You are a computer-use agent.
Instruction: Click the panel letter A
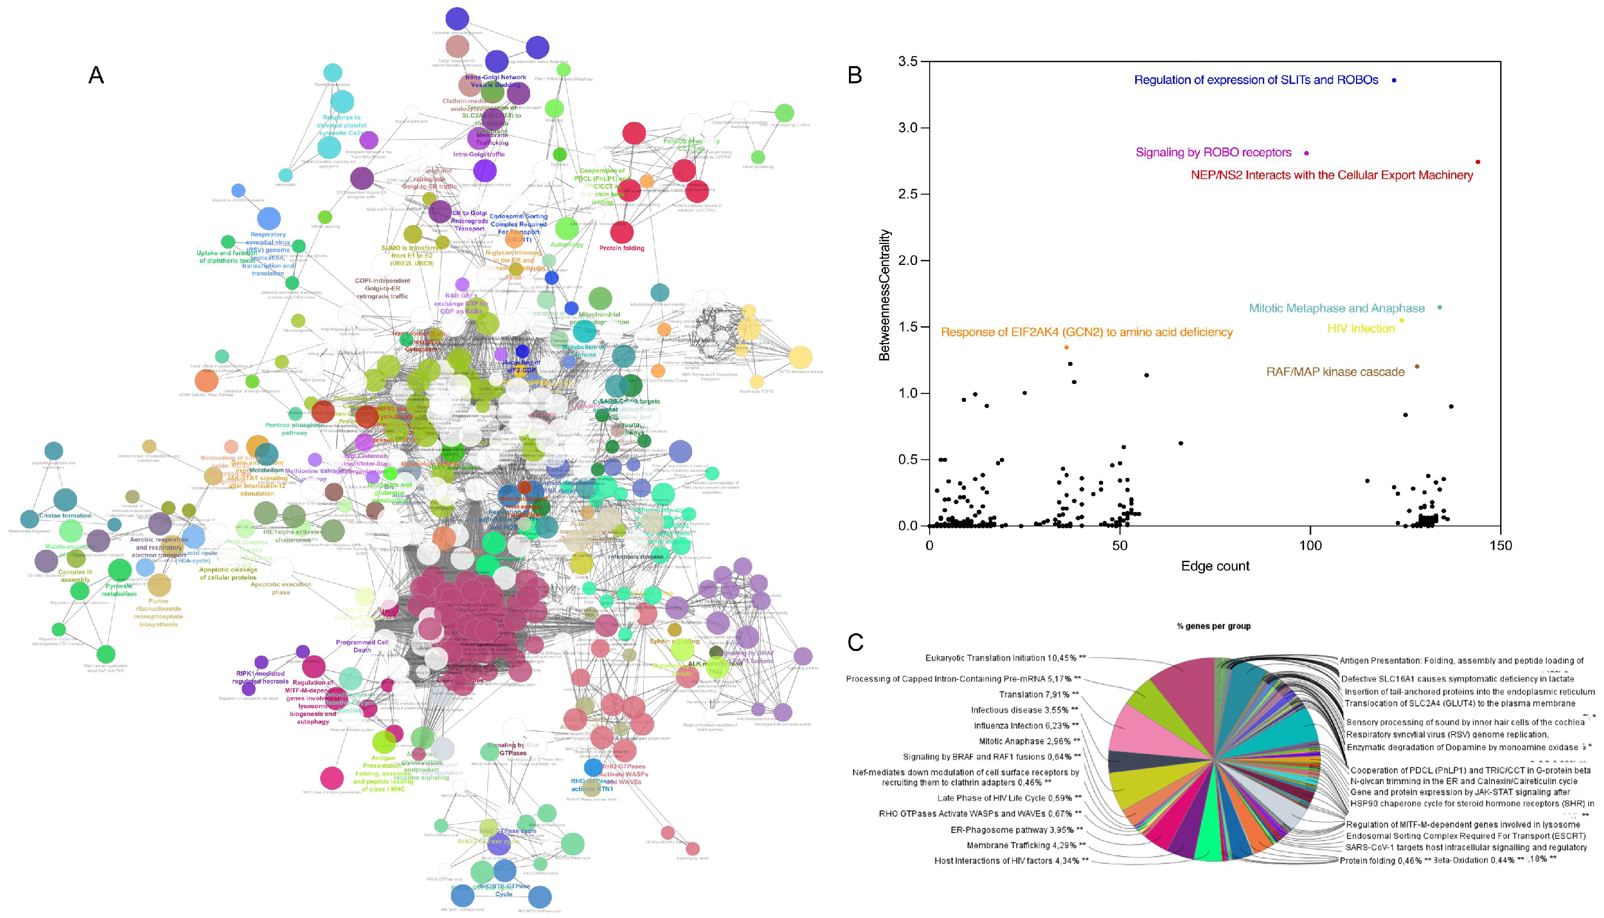(96, 76)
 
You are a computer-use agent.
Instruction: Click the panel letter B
(855, 76)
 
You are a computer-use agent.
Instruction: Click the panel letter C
(855, 643)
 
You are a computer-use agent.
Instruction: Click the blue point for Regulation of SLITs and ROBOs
(1394, 80)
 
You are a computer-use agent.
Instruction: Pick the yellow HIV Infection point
(1402, 321)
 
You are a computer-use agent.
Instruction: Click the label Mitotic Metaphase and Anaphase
(1336, 308)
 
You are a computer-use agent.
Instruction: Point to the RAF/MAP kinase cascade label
(1335, 372)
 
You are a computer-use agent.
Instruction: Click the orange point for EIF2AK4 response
(1067, 347)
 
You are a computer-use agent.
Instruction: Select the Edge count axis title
(1214, 566)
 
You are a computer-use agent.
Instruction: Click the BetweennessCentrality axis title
(885, 294)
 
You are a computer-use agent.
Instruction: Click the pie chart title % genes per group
(1213, 626)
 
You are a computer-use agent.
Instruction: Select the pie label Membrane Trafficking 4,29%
(1024, 845)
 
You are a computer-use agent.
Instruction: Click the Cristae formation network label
(66, 516)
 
